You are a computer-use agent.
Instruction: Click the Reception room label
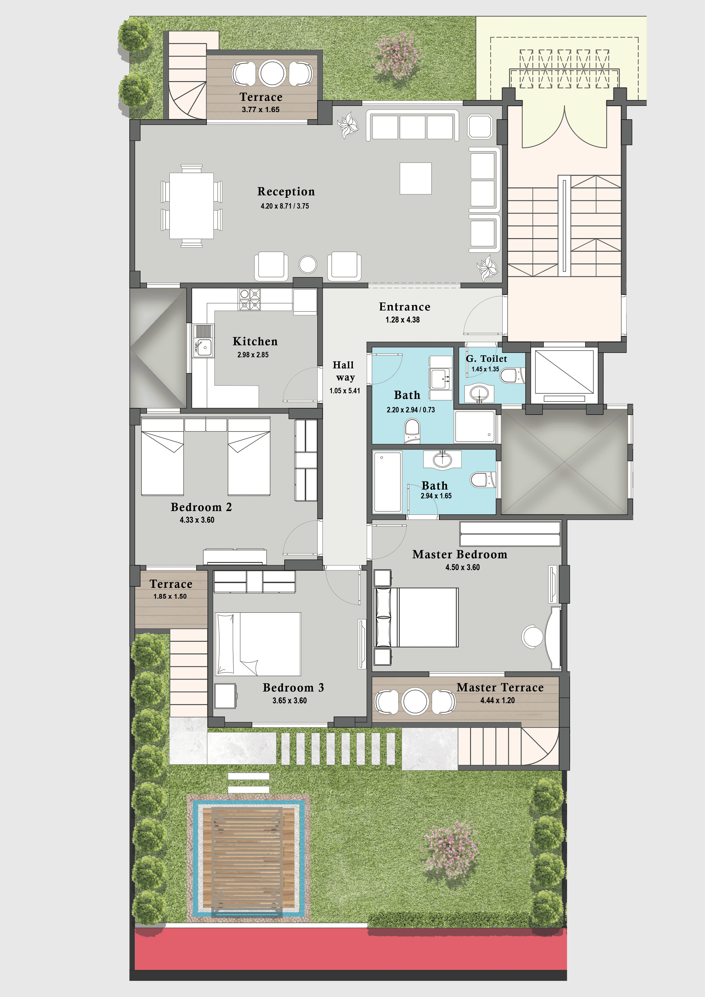pos(286,192)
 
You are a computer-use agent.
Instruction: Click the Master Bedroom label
pos(460,554)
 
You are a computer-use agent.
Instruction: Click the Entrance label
pos(405,307)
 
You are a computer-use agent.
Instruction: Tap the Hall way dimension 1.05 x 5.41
pos(345,391)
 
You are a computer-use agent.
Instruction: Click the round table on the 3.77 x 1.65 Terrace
pos(272,73)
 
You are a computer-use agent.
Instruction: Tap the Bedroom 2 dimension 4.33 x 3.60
pos(197,520)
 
